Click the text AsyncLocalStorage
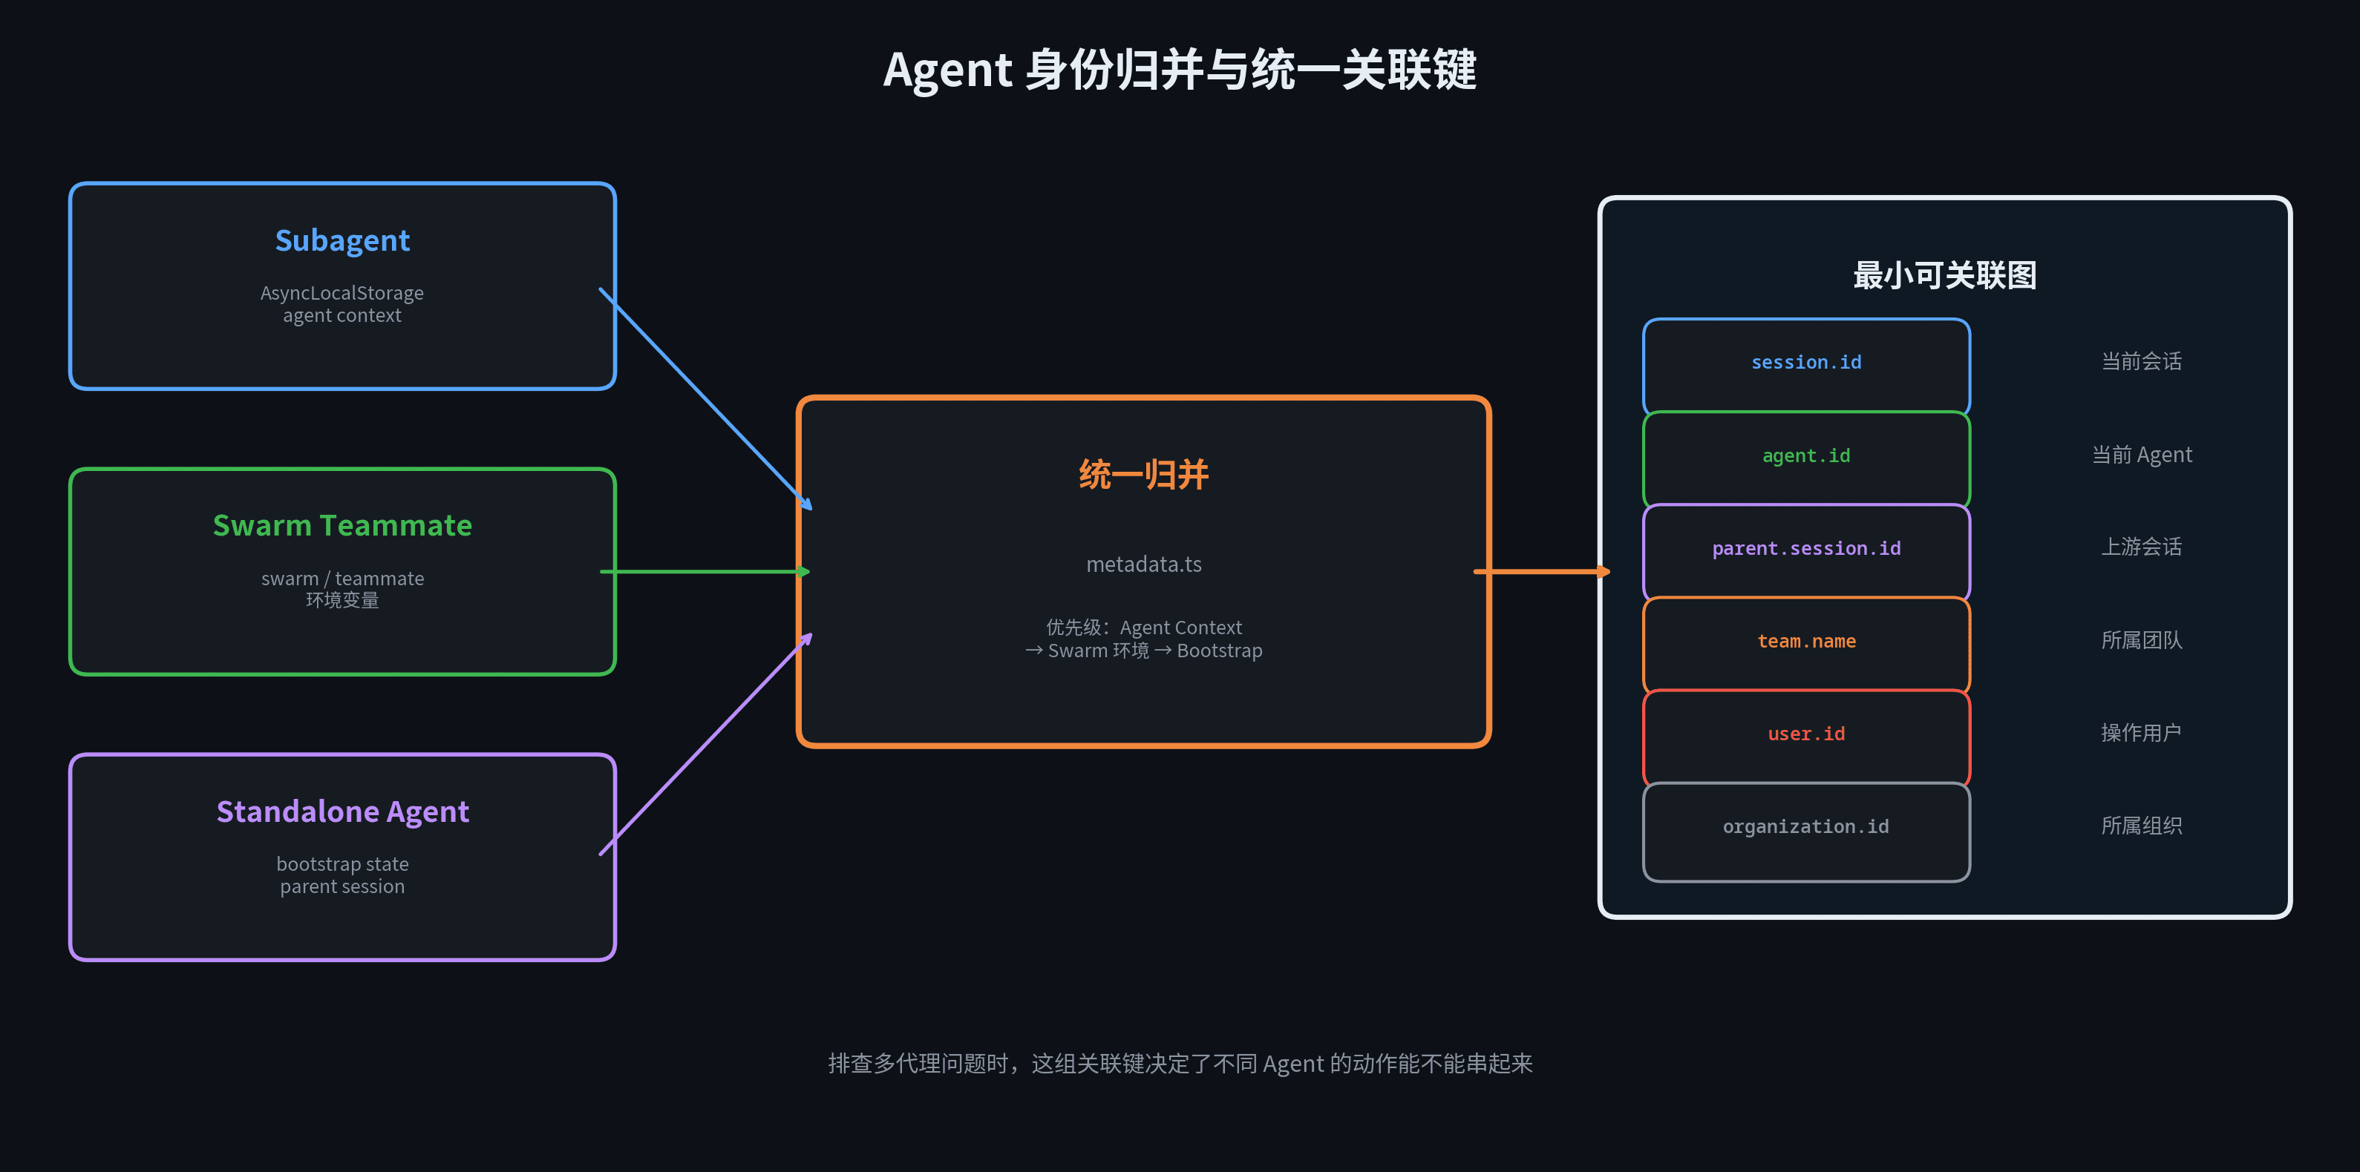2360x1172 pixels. (341, 293)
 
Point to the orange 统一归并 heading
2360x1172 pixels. (1143, 474)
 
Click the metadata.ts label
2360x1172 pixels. (1143, 564)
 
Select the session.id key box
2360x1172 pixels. (1805, 363)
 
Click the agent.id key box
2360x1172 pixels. (1805, 456)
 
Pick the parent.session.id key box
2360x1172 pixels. (1805, 550)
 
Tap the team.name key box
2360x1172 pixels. (1805, 642)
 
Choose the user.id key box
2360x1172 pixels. (1805, 734)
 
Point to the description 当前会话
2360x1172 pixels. (2141, 362)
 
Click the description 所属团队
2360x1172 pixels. (2141, 640)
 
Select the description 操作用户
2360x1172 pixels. (2141, 733)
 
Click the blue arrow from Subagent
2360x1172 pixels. (705, 398)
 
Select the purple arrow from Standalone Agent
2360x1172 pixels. (705, 745)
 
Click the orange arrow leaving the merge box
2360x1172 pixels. (1541, 571)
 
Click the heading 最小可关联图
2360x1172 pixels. (1944, 274)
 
